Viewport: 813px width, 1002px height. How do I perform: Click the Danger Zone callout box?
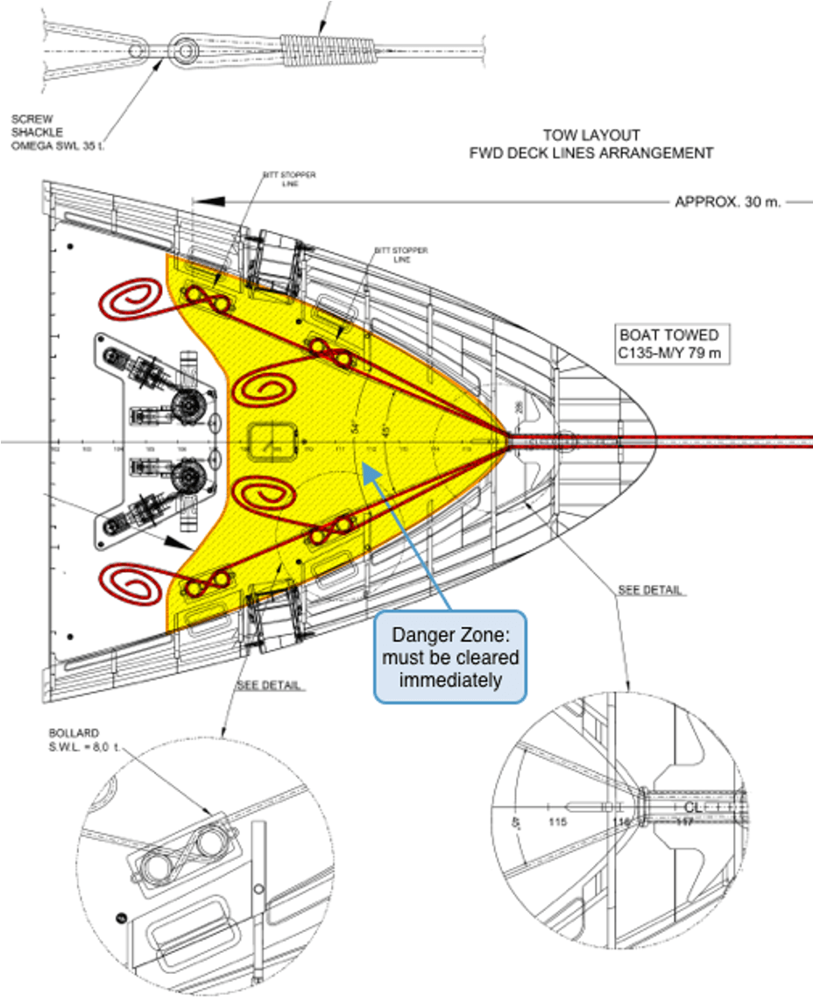449,657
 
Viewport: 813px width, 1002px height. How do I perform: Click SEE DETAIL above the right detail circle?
651,590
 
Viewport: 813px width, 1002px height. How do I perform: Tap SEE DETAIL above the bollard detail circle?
270,685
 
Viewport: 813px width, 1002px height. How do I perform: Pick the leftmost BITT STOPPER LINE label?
290,180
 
